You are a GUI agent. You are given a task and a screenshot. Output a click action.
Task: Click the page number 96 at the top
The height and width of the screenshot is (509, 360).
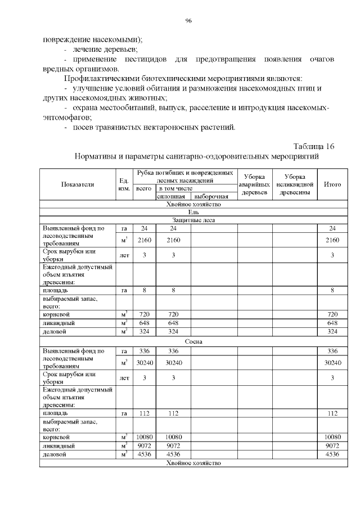click(188, 21)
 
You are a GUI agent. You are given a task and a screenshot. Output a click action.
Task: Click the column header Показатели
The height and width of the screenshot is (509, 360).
click(78, 184)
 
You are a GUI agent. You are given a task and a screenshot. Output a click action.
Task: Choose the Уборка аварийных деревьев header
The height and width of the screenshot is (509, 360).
click(255, 184)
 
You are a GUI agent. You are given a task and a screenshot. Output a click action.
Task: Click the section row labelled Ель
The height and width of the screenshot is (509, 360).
click(188, 212)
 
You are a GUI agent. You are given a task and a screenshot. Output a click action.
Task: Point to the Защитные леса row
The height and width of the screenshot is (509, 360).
click(188, 220)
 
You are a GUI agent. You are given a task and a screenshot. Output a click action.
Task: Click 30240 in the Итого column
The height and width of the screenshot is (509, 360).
click(332, 363)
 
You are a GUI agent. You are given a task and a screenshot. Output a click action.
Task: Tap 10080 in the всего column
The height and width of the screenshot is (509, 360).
click(144, 436)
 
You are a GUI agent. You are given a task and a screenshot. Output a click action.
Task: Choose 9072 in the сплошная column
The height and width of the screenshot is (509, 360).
click(173, 445)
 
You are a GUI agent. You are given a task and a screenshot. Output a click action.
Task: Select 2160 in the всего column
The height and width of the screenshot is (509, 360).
click(144, 240)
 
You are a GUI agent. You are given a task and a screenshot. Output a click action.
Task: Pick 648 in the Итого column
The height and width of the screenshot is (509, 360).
click(332, 323)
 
